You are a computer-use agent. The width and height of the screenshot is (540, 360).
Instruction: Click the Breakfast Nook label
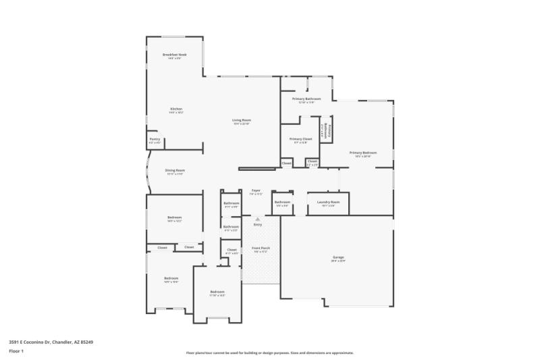pos(174,54)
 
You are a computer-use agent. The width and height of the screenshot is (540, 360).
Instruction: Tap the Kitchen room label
pos(175,109)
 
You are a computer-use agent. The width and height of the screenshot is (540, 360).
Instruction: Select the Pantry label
pos(155,140)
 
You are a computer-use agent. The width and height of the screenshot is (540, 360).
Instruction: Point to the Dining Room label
pos(175,171)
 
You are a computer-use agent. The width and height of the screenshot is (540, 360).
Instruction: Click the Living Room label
pos(242,121)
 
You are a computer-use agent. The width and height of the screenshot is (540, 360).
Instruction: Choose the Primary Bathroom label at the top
pos(306,99)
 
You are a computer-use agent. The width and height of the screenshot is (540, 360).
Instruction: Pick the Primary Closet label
pos(300,139)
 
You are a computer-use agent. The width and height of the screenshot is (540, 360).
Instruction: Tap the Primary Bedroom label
pos(363,153)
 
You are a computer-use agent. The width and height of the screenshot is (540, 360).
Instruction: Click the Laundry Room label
pos(328,202)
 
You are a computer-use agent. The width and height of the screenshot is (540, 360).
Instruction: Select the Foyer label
pos(256,191)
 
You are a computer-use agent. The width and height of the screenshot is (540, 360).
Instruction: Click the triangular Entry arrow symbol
pos(257,219)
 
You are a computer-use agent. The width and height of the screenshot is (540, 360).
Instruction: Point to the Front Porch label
pos(261,249)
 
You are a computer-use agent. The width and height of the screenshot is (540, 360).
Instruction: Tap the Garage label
pos(337,257)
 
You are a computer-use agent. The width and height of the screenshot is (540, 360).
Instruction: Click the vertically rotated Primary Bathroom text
pos(326,129)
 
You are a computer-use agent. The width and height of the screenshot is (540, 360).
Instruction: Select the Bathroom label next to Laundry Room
pos(282,203)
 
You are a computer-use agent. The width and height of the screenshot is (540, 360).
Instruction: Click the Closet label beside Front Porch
pos(232,251)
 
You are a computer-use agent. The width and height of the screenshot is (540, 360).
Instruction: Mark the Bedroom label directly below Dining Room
pos(175,218)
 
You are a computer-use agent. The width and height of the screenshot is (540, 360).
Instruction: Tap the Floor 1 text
pos(16,352)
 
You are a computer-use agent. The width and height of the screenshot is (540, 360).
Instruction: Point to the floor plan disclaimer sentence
pos(269,353)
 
